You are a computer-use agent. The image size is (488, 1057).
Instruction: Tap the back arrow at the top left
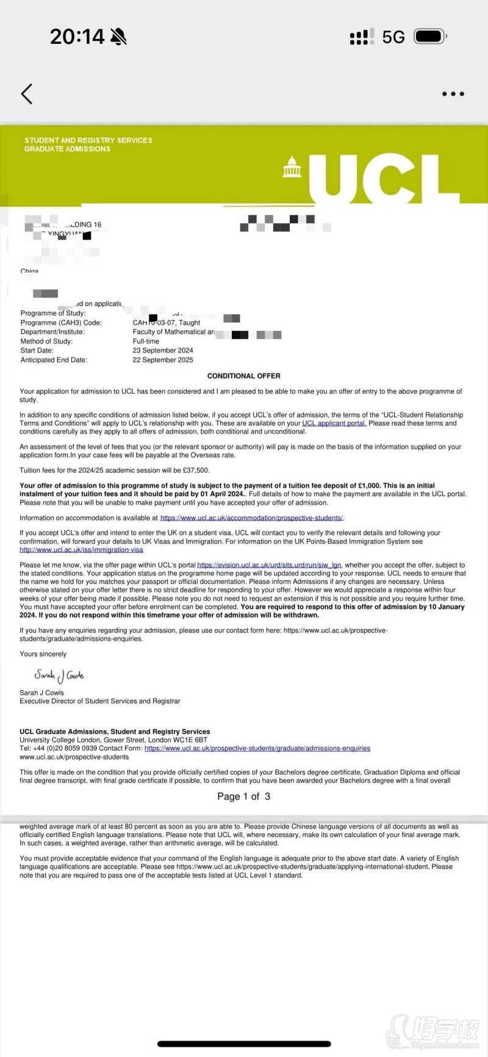(26, 94)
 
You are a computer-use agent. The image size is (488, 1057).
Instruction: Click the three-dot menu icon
(453, 94)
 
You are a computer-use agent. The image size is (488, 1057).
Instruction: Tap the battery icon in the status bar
(430, 37)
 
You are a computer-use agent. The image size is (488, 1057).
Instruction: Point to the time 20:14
(77, 37)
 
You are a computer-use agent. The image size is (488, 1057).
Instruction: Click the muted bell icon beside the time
(118, 37)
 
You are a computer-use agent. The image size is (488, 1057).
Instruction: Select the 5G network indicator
(393, 37)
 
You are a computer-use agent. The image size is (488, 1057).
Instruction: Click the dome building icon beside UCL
(292, 167)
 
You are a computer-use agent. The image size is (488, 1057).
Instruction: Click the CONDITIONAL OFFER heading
(244, 376)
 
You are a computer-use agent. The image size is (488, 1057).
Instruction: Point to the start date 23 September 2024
(163, 351)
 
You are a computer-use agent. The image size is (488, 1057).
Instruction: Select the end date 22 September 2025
(163, 360)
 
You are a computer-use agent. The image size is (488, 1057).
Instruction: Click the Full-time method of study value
(146, 341)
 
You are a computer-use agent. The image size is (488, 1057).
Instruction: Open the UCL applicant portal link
(334, 423)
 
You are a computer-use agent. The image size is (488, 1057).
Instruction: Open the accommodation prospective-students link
(251, 518)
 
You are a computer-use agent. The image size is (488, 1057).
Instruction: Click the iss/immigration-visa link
(81, 550)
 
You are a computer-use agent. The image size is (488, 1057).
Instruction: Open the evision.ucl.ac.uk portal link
(269, 565)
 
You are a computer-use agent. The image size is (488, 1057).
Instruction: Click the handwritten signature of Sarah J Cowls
(59, 675)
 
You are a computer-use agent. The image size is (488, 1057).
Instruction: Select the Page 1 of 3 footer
(243, 796)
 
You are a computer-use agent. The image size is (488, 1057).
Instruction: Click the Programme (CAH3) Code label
(61, 322)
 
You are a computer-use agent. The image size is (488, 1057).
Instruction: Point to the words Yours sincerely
(43, 654)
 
